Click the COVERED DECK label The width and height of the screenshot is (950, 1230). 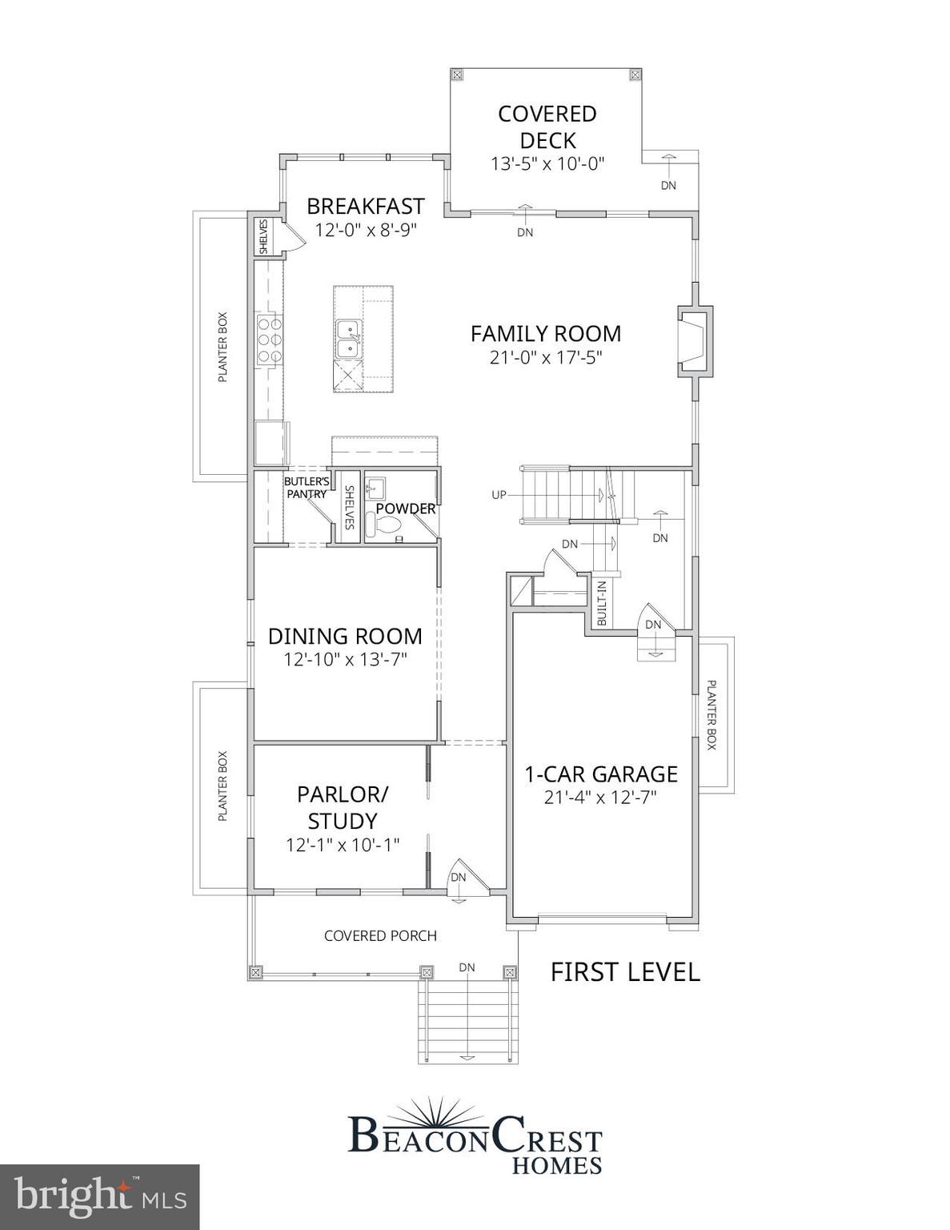click(547, 127)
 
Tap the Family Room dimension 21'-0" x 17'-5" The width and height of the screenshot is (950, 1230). click(546, 357)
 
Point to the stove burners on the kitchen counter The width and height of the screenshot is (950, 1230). click(270, 339)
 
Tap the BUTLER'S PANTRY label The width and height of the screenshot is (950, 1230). click(307, 488)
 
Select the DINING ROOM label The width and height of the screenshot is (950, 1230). click(345, 636)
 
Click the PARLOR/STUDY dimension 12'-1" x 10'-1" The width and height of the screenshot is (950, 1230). click(343, 845)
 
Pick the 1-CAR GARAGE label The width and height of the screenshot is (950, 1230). click(600, 774)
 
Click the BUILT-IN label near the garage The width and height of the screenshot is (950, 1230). click(602, 603)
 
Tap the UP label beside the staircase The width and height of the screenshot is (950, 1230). click(499, 495)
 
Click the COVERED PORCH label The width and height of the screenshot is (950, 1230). click(380, 935)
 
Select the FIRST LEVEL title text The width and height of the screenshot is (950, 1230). click(625, 972)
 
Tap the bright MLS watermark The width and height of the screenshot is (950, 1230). click(99, 1197)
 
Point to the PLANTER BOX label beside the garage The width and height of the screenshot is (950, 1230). click(711, 714)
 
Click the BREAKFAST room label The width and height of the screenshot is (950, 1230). click(365, 206)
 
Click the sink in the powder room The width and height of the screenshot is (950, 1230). click(375, 488)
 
